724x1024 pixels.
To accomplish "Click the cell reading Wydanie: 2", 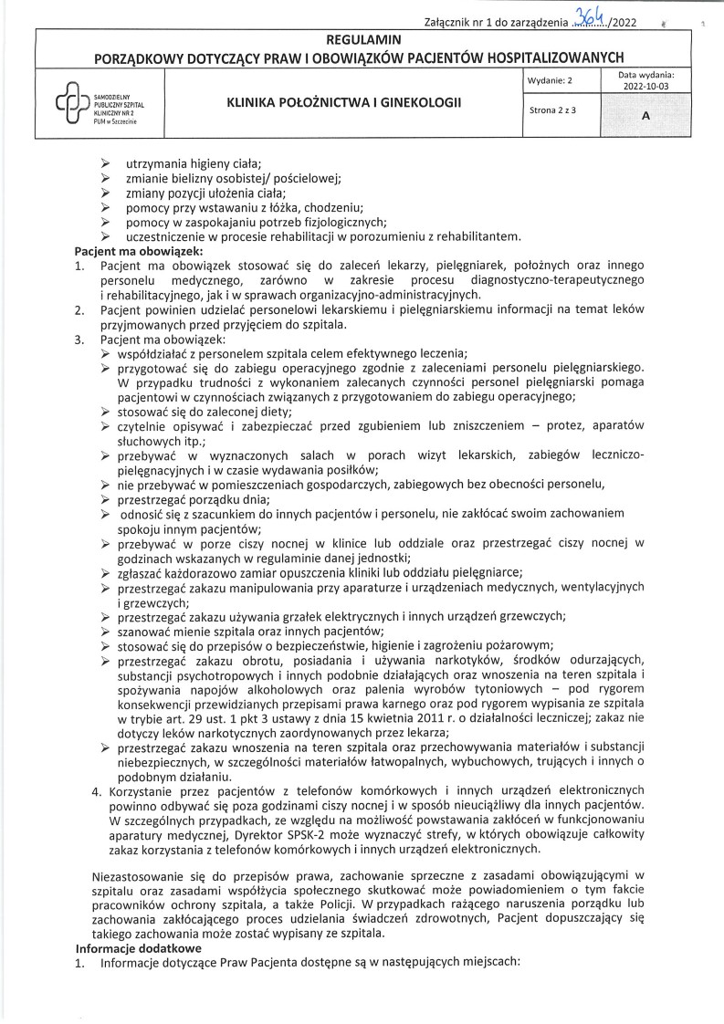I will click(550, 81).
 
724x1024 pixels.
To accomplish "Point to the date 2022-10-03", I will click(645, 88).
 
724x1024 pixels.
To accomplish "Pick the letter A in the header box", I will click(646, 117).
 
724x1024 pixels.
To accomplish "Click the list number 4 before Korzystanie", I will click(99, 789).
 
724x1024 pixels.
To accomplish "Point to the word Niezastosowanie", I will click(142, 876).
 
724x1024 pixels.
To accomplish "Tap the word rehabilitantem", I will click(479, 236).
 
